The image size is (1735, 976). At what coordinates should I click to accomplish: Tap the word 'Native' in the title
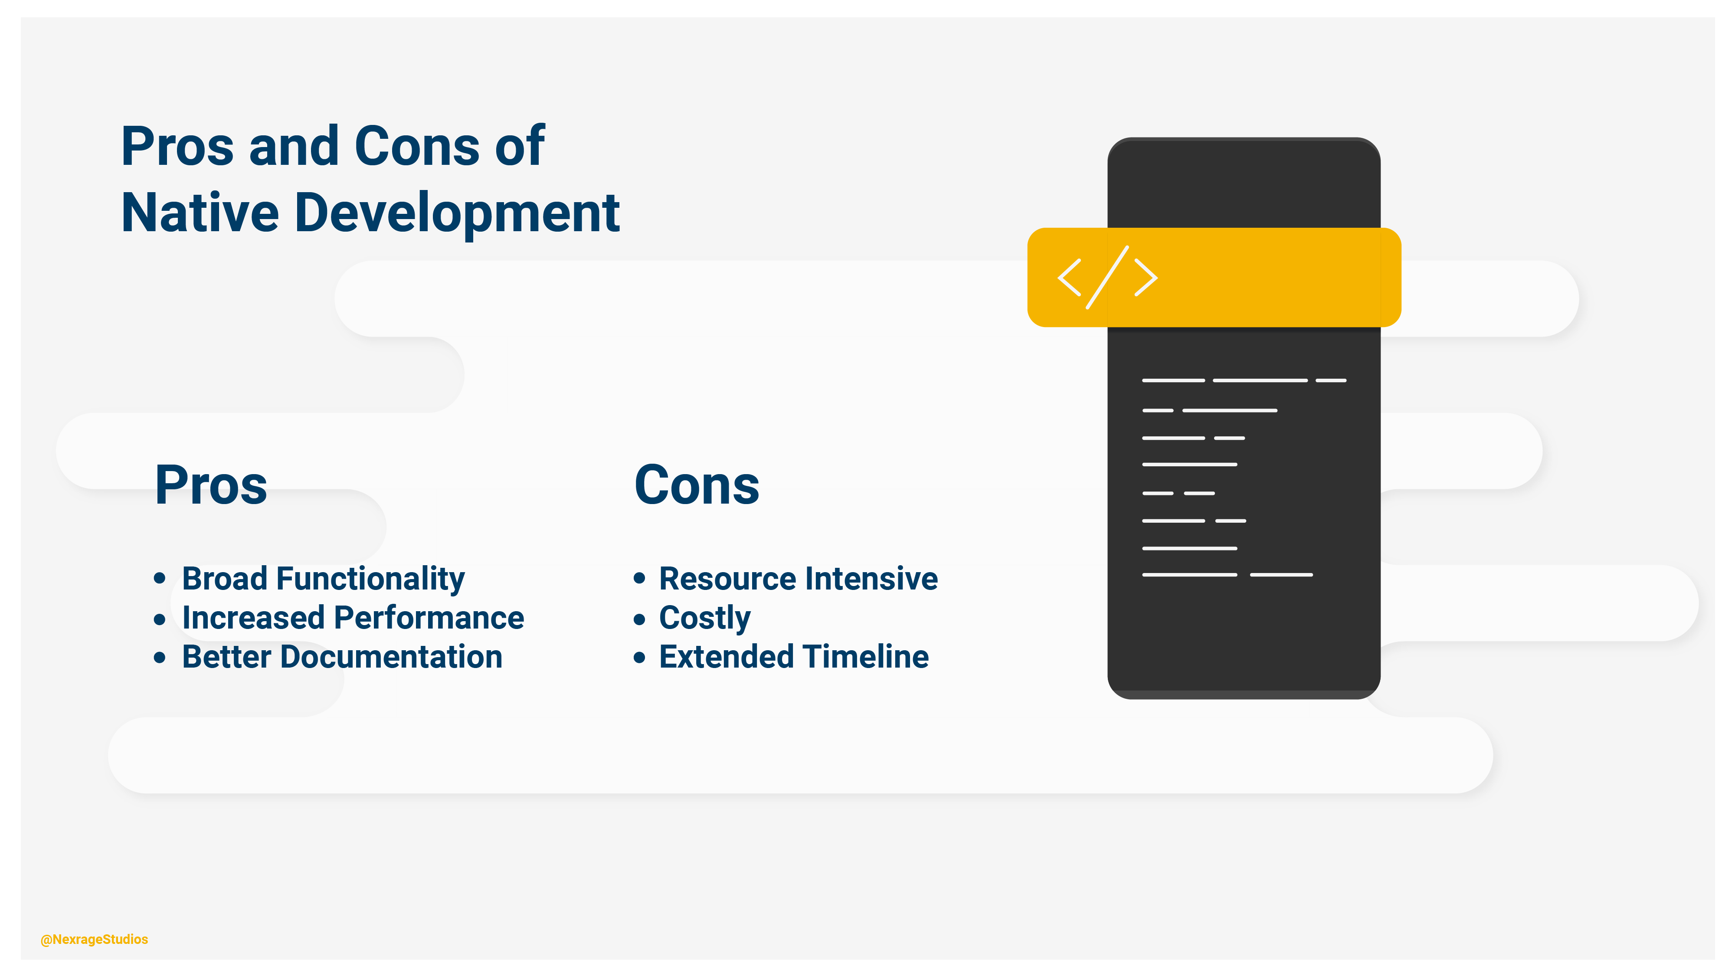coord(200,213)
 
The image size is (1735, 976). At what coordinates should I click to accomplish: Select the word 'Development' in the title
coord(457,213)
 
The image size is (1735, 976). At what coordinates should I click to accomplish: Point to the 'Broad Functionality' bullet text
coord(323,579)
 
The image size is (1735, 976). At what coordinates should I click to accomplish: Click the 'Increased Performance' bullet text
coord(353,618)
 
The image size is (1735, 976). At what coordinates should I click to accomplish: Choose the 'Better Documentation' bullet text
coord(342,657)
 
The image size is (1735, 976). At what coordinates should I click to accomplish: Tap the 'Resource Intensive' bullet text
coord(798,579)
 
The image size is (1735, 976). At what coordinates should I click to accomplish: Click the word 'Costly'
coord(704,618)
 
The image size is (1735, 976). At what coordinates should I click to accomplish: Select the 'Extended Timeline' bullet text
coord(793,657)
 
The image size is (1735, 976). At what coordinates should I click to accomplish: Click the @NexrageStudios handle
coord(94,939)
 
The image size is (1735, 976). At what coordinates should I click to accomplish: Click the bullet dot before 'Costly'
coord(639,619)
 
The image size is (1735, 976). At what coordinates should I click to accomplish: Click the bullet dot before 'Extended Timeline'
coord(639,658)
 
